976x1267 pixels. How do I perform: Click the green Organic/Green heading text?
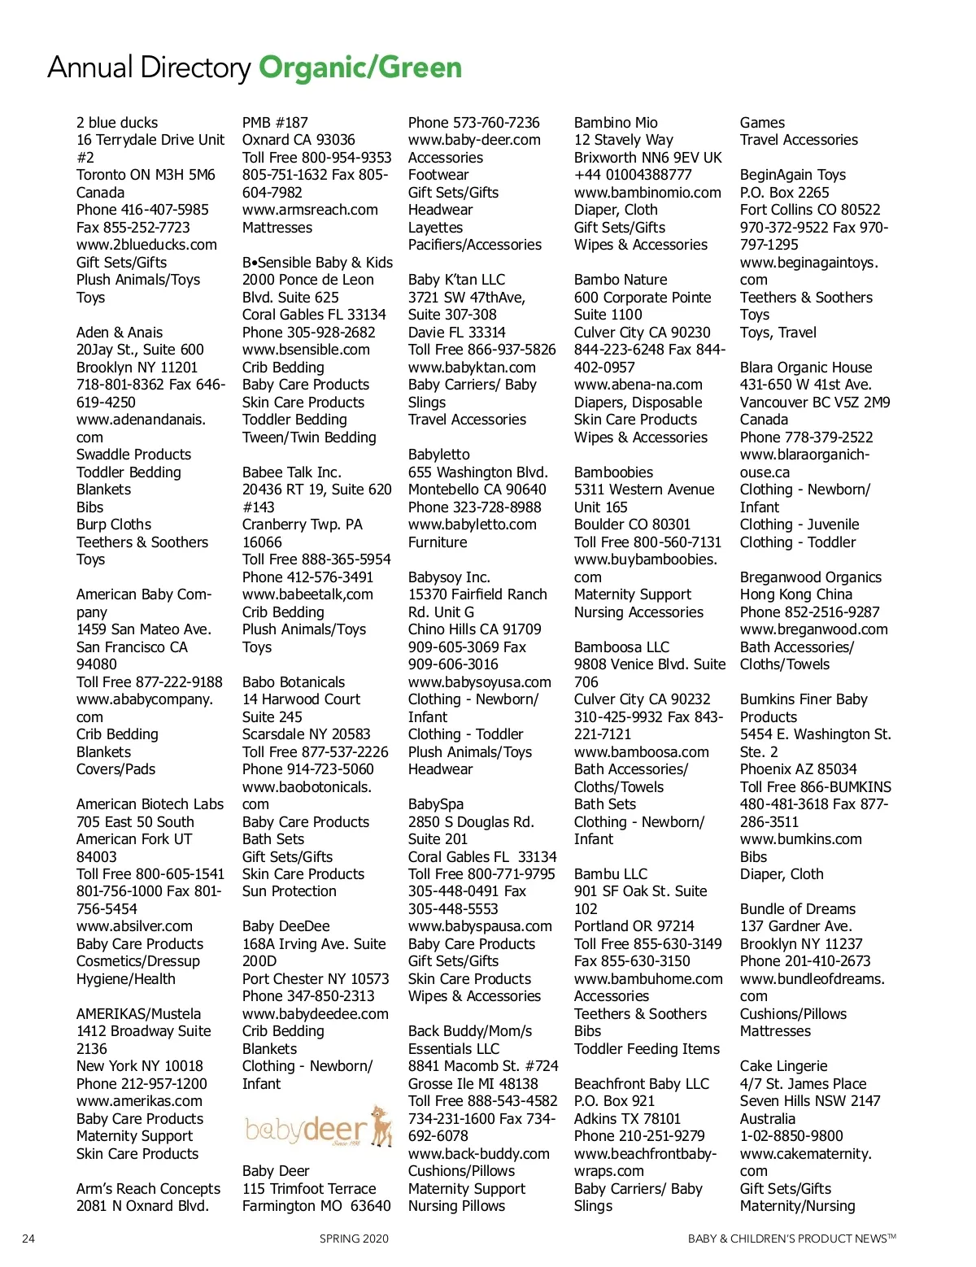[x=360, y=67]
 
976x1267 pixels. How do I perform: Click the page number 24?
[x=28, y=1239]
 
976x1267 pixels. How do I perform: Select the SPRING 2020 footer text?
[x=354, y=1239]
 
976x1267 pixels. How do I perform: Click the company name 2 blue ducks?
[x=117, y=123]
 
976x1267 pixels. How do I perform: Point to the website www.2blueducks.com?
[x=146, y=245]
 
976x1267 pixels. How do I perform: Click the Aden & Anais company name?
[x=120, y=333]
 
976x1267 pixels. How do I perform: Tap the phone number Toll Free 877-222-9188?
[x=150, y=681]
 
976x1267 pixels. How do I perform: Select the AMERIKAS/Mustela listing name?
[x=138, y=1014]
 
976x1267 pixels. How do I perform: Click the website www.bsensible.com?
[x=306, y=350]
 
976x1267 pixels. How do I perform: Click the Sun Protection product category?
[x=289, y=891]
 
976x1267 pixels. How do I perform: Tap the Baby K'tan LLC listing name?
[x=456, y=280]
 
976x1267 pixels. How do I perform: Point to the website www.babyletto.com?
[x=472, y=525]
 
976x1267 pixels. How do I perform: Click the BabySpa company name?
[x=436, y=804]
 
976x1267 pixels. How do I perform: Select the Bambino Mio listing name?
[x=616, y=123]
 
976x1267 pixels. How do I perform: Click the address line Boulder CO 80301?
[x=632, y=525]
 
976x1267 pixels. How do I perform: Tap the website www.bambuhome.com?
[x=648, y=979]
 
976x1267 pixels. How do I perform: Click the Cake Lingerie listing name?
[x=783, y=1066]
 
